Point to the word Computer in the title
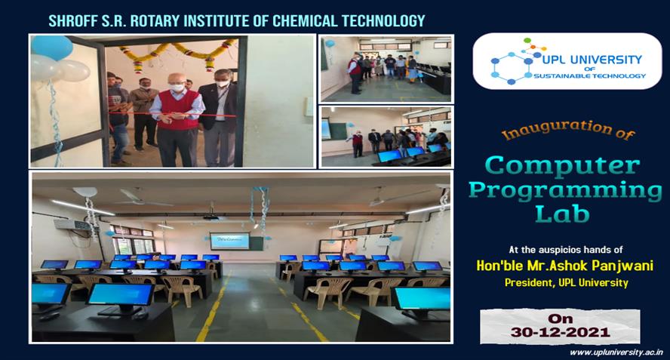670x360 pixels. pos(563,165)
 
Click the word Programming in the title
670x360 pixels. pos(565,191)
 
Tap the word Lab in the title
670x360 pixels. pos(562,214)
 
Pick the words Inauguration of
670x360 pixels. pos(568,131)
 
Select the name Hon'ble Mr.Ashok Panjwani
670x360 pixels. pos(565,266)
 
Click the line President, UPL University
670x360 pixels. pos(566,282)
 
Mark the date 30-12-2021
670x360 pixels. pos(560,332)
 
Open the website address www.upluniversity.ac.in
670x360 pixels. pos(616,352)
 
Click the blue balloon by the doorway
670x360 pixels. pos(52,47)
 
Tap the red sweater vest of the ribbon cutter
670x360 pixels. pos(178,110)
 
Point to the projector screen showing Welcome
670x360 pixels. pos(229,242)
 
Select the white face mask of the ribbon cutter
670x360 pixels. pos(177,88)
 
